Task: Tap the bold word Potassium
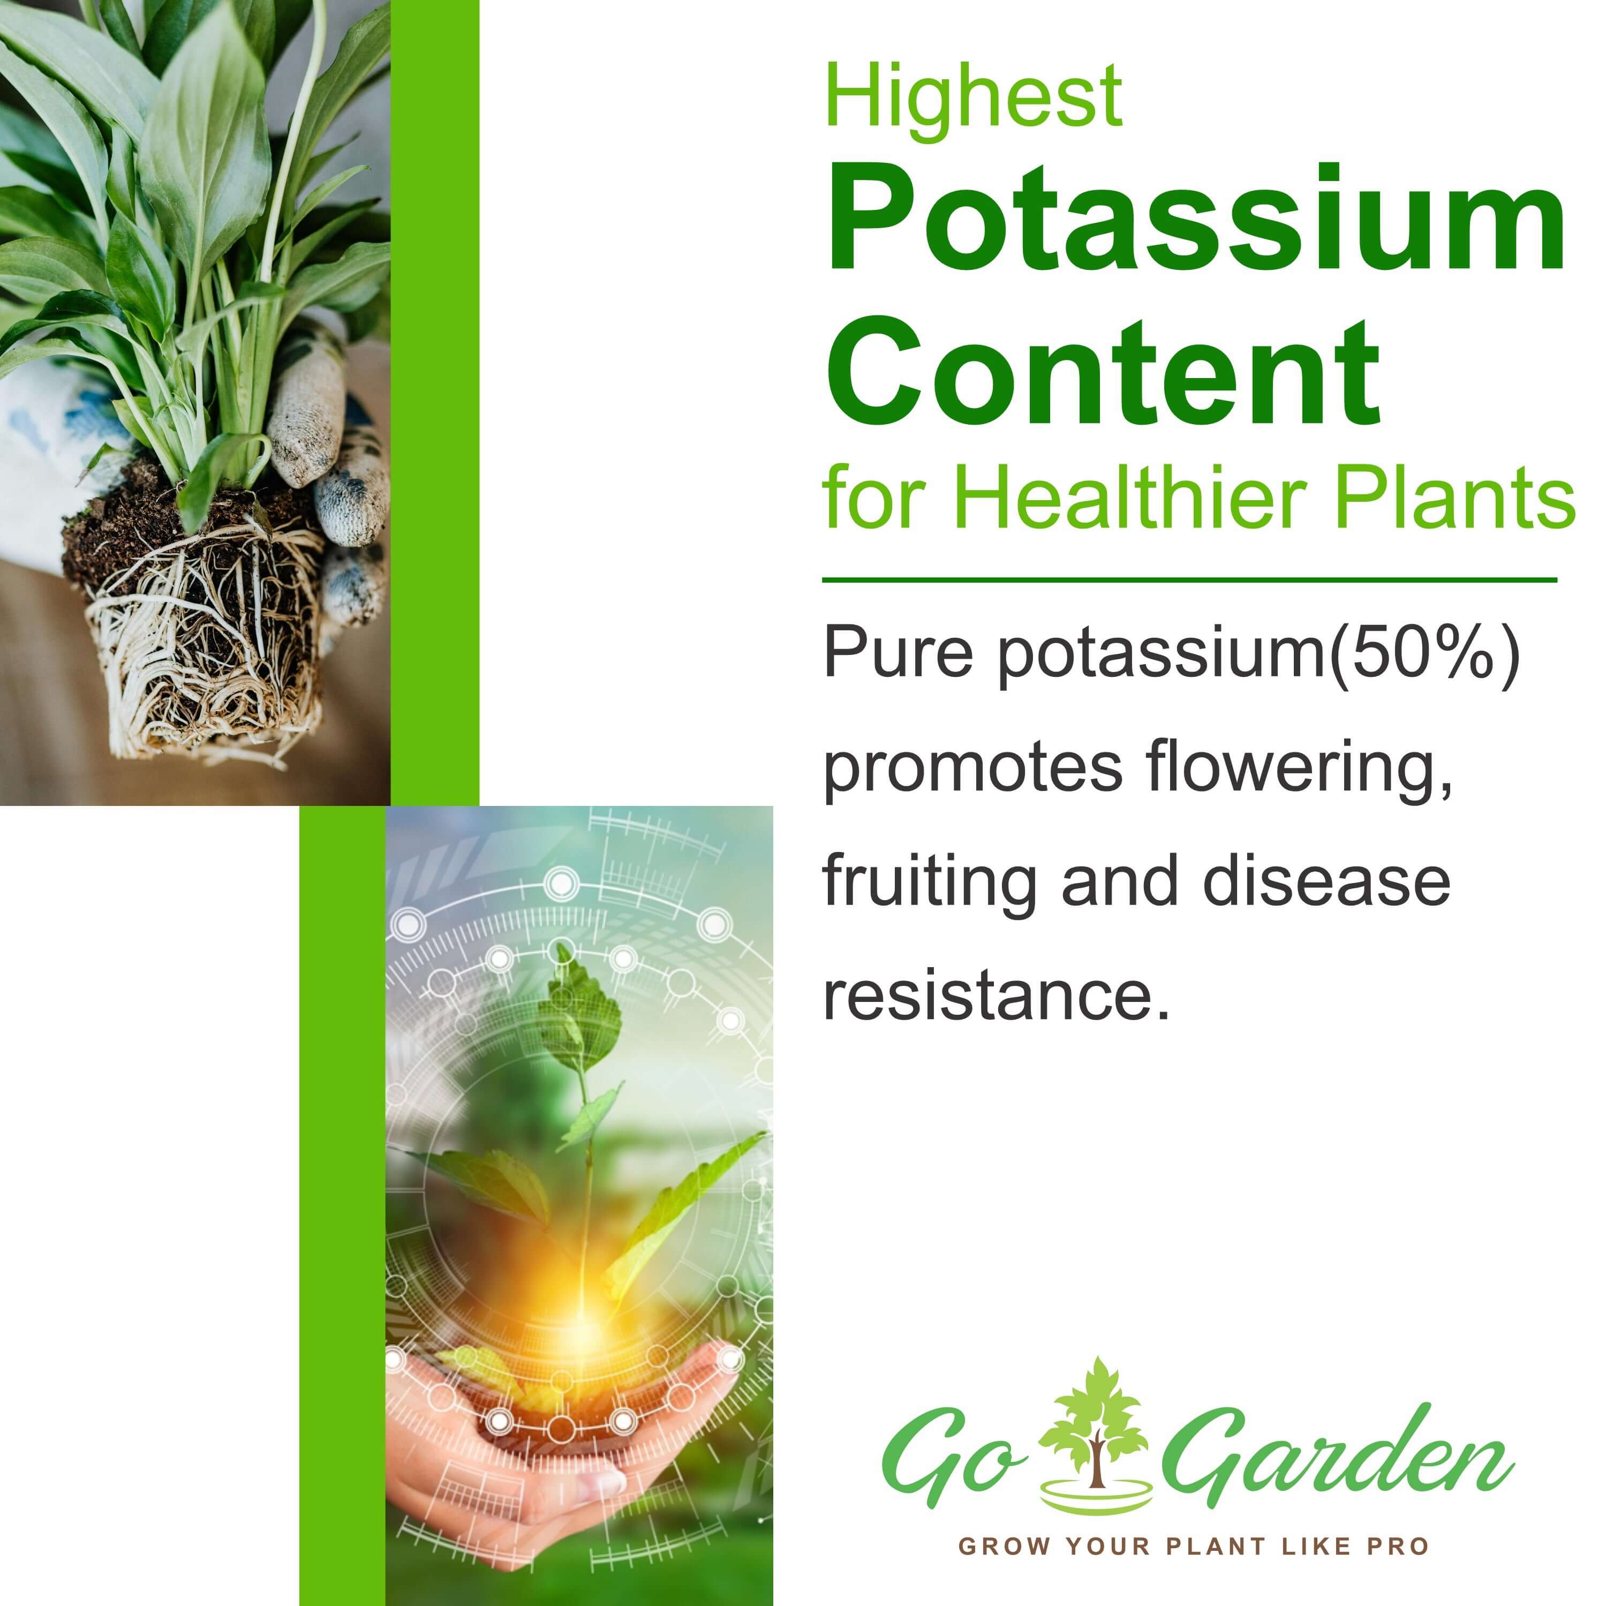pyautogui.click(x=1195, y=220)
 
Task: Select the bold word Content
pyautogui.click(x=1102, y=372)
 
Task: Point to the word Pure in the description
pyautogui.click(x=897, y=654)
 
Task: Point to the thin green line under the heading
pyautogui.click(x=1189, y=580)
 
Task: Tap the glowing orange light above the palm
pyautogui.click(x=574, y=1314)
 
